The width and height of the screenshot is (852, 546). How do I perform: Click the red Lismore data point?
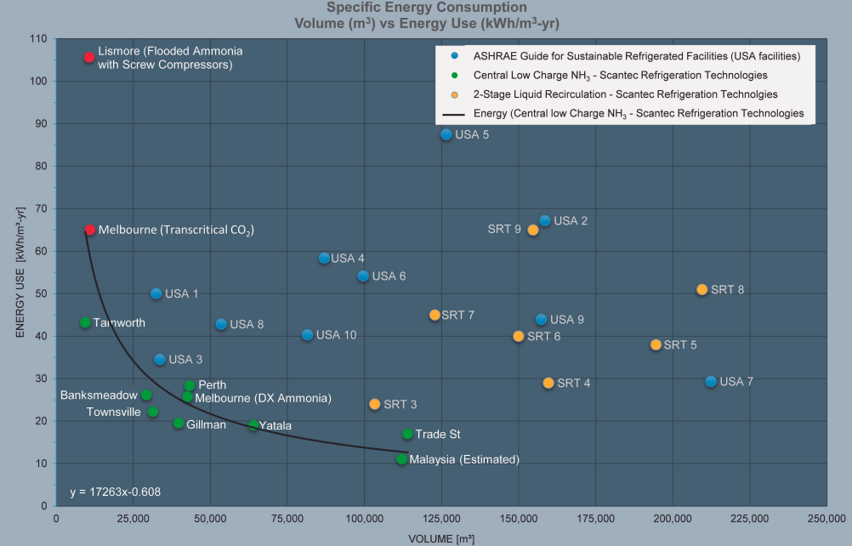click(89, 57)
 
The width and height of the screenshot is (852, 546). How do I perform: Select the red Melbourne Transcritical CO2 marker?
click(89, 230)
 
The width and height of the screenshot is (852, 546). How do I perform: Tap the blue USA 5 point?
click(446, 134)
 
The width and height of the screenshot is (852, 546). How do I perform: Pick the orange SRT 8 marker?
click(702, 289)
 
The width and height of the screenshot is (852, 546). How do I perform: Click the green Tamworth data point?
click(85, 322)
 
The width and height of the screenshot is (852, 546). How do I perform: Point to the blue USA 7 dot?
click(711, 381)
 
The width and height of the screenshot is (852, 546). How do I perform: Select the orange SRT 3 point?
click(375, 404)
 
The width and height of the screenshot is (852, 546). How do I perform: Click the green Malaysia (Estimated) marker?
click(402, 459)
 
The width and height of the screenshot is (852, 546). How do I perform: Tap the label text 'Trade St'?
click(438, 435)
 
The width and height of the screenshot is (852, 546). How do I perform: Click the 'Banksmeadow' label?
click(99, 395)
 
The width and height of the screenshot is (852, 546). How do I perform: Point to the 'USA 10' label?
click(336, 335)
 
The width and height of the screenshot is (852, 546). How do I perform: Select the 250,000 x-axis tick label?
click(826, 517)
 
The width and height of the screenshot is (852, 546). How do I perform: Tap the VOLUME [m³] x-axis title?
click(441, 537)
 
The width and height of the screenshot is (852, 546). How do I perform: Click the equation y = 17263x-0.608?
click(115, 492)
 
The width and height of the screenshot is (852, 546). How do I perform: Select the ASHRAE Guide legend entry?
click(637, 56)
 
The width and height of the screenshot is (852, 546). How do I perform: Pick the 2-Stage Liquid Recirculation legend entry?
click(625, 94)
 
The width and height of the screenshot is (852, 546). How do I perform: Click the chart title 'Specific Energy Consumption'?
click(420, 8)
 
